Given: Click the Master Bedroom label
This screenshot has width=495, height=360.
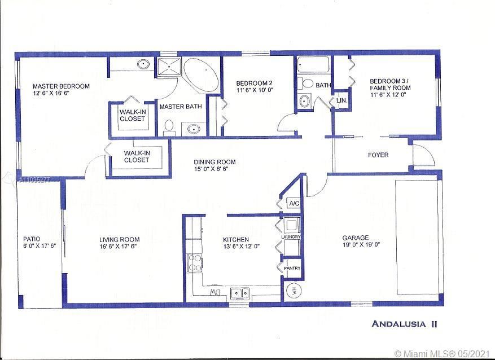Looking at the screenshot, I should point(60,86).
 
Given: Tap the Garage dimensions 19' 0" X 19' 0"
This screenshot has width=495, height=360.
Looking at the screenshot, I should point(361,245).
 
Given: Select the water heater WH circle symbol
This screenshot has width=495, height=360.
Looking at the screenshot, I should point(293,291).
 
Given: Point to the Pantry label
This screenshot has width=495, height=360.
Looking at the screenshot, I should point(292,268).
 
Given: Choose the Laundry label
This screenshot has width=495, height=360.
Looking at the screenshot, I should point(291,237).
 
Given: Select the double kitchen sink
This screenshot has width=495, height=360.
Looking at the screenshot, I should point(239,293).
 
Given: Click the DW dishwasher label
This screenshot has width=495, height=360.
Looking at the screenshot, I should point(215,293).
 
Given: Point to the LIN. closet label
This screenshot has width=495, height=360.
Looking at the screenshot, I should point(341,100).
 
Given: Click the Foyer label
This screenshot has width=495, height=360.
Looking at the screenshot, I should point(378,155).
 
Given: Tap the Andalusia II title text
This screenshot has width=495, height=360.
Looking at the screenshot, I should point(405,324).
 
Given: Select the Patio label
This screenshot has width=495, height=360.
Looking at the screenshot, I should point(31,239).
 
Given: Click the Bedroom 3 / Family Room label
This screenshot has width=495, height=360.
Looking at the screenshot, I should point(390,84).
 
